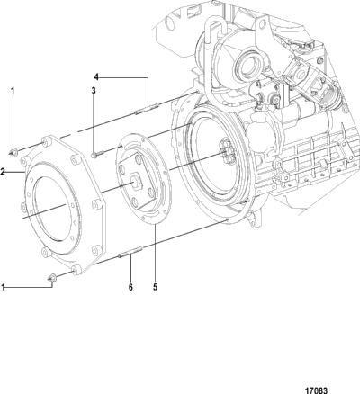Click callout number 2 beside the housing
click(x=3, y=172)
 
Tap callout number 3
click(x=94, y=90)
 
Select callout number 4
click(x=96, y=77)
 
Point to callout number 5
click(x=155, y=287)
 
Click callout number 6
click(x=130, y=287)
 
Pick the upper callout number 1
click(x=13, y=90)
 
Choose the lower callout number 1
click(x=3, y=288)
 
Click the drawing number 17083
click(x=316, y=390)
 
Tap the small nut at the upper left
click(x=13, y=151)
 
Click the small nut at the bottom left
click(x=52, y=278)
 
